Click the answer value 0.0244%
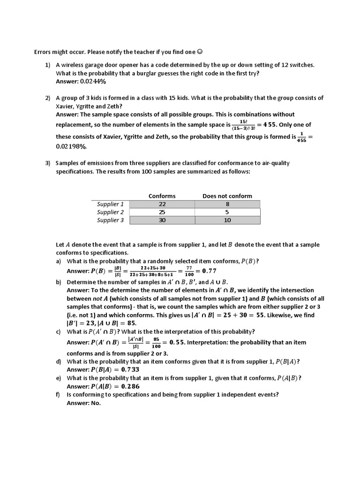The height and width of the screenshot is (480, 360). click(x=93, y=82)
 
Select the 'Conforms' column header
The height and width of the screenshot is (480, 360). click(x=162, y=196)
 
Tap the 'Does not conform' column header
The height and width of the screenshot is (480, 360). click(x=227, y=196)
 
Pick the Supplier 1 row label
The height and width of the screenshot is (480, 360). click(x=110, y=204)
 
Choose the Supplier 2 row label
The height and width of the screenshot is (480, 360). click(x=110, y=212)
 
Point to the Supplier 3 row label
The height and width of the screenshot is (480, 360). click(x=110, y=220)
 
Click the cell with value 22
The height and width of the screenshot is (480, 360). click(x=162, y=204)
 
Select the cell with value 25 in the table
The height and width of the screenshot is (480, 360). click(x=162, y=212)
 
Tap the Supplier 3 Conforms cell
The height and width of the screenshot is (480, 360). click(x=162, y=220)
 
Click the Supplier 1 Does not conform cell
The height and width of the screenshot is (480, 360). click(x=227, y=204)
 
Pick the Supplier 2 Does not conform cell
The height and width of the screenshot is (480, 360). click(x=227, y=212)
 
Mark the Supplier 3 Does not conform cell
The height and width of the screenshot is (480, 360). click(x=227, y=220)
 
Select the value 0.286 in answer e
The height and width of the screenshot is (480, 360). click(x=130, y=387)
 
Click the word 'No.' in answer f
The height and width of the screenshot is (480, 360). click(x=96, y=403)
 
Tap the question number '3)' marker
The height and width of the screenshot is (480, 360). click(x=48, y=163)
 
